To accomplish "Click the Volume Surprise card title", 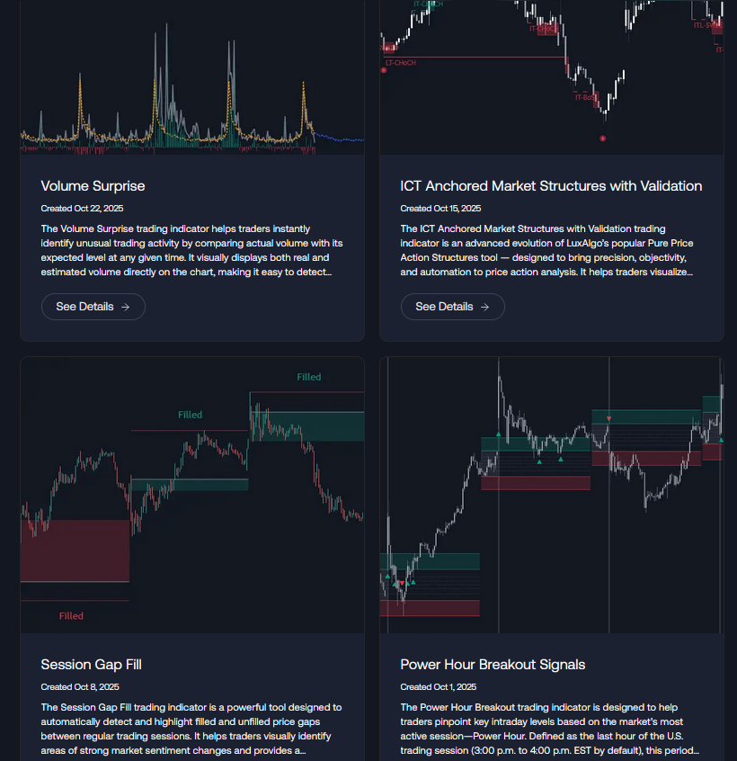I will click(93, 186).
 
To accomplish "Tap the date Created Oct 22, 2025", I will click(82, 209).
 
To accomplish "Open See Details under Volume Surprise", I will click(93, 307).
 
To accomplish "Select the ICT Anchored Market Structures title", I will click(551, 186).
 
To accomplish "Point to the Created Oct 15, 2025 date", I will click(440, 209).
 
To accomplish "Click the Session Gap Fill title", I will click(91, 665).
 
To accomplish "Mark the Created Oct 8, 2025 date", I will click(80, 687).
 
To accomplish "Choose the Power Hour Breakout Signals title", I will click(493, 665).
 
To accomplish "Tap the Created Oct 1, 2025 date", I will click(439, 687).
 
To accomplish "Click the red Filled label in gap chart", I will click(71, 616).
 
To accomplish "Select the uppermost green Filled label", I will click(308, 377).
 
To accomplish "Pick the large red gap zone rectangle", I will click(75, 551).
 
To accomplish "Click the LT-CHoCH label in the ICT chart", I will click(400, 63).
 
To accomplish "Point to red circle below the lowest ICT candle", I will click(602, 139).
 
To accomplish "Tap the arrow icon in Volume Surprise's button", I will click(125, 307).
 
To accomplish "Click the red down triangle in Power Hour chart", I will click(608, 419).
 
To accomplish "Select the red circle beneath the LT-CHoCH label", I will click(384, 70).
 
